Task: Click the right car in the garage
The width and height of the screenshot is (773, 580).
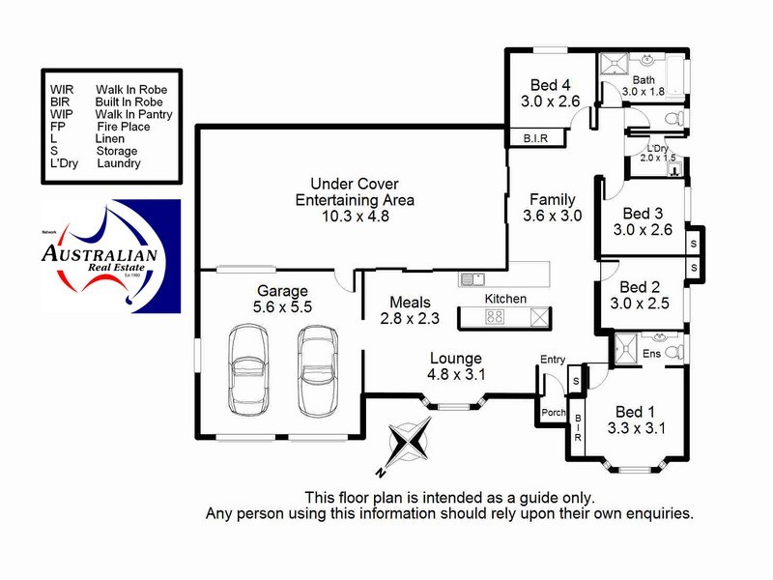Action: [x=317, y=367]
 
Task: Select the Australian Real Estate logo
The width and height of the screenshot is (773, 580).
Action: [x=111, y=257]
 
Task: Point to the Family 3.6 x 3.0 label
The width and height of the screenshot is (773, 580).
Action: [x=552, y=208]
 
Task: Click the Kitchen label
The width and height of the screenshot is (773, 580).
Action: [x=505, y=299]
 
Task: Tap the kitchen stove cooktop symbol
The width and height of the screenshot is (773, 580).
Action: [x=495, y=316]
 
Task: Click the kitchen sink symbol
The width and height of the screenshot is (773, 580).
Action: [x=472, y=280]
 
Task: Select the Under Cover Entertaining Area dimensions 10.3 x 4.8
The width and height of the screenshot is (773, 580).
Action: [x=354, y=217]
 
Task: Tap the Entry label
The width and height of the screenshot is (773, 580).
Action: [x=553, y=360]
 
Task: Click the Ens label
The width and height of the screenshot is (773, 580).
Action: [x=653, y=353]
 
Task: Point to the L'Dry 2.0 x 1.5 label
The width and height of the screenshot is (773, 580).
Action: [x=662, y=153]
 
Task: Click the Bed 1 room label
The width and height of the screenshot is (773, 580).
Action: [x=637, y=409]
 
